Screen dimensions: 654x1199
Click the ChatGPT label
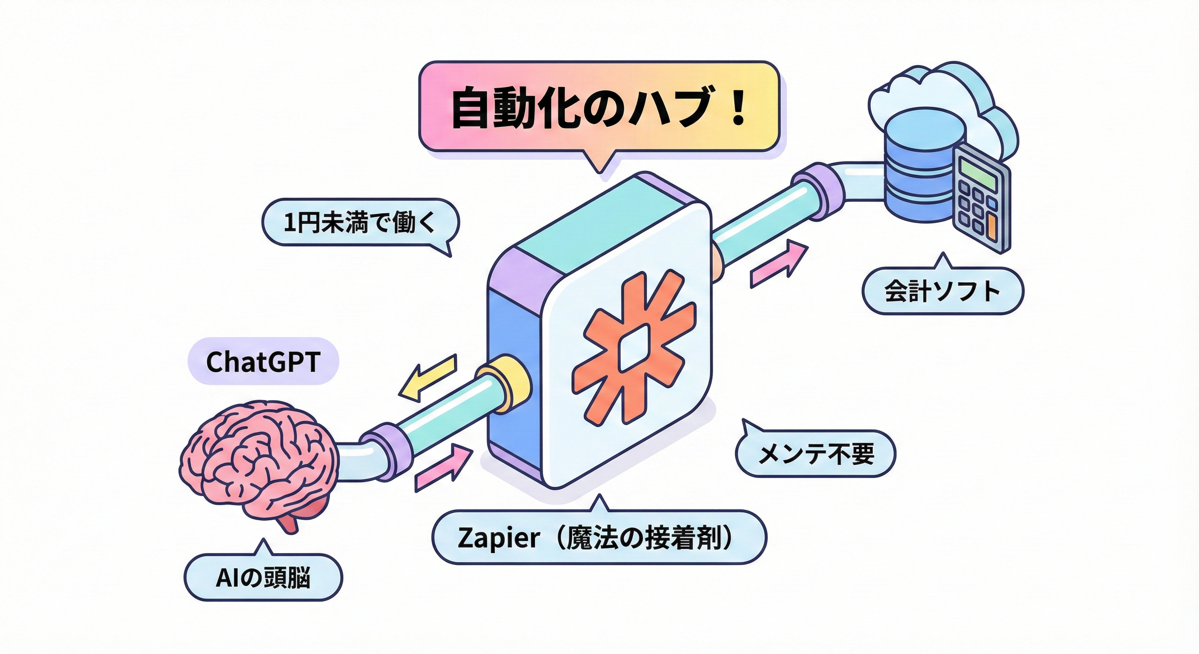pyautogui.click(x=263, y=361)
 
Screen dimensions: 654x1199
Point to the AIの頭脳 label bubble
pyautogui.click(x=263, y=578)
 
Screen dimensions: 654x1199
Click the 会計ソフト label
pyautogui.click(x=943, y=291)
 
